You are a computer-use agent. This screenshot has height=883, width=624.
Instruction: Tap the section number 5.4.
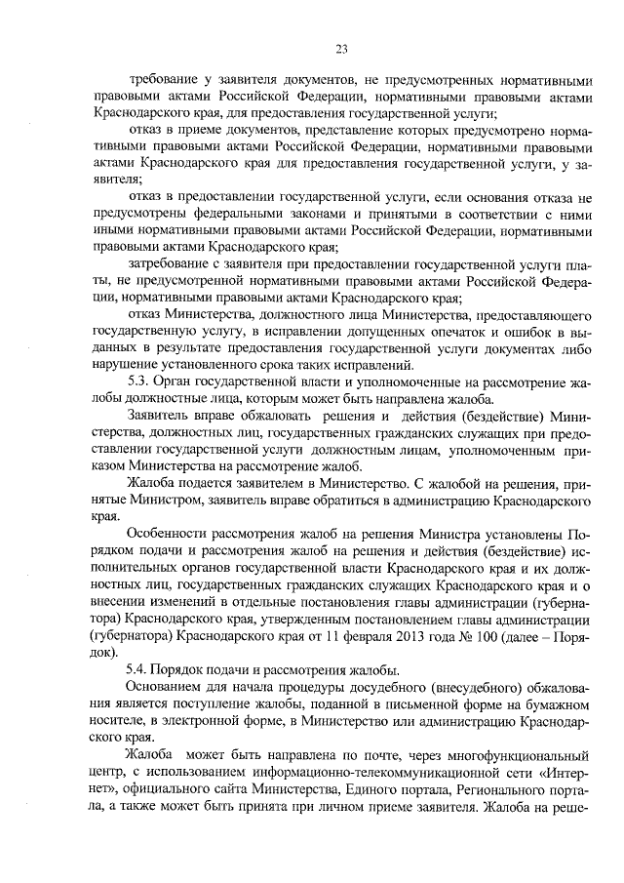(141, 669)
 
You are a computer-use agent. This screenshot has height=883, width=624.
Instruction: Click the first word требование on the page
(167, 78)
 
